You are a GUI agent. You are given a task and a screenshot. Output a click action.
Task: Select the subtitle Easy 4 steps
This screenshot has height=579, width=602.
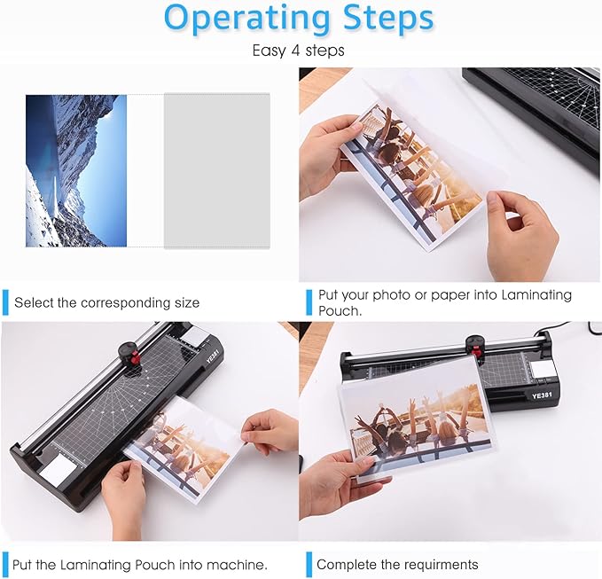click(298, 51)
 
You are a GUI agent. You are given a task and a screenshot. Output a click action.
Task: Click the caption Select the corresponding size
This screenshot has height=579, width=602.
click(106, 302)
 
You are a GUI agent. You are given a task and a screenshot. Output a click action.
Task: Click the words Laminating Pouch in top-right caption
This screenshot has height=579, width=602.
click(524, 295)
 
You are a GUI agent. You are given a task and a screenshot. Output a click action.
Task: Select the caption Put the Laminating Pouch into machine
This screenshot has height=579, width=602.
click(140, 564)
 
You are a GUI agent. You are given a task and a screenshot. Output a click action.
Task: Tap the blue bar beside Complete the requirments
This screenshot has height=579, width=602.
click(308, 564)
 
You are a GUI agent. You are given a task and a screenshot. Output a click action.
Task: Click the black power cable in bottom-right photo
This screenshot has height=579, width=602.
click(577, 330)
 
